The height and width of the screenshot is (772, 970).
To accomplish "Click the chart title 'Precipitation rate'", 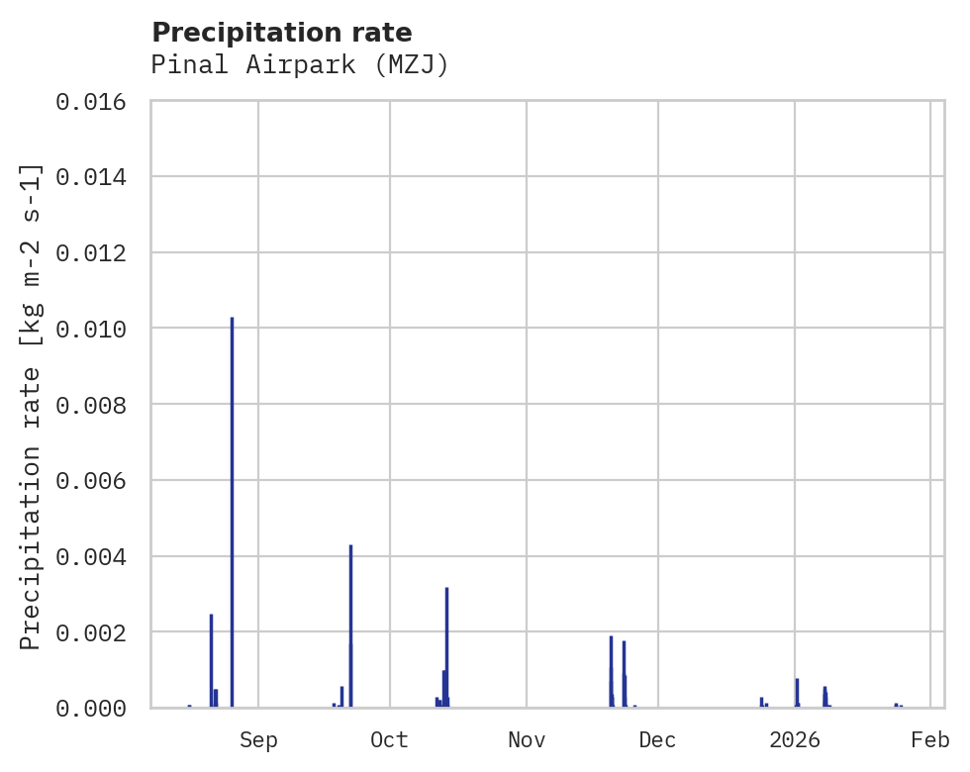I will [x=281, y=33].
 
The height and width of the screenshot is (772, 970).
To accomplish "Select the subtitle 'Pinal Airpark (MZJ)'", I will [x=300, y=65].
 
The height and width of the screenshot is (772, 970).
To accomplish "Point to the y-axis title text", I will [x=32, y=406].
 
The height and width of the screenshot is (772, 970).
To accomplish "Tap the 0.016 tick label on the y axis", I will [x=97, y=102].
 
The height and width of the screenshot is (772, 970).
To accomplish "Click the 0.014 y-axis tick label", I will [x=97, y=177].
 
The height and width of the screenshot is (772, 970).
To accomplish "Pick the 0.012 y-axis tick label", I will [x=97, y=253].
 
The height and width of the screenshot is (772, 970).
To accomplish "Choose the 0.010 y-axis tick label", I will [x=97, y=329].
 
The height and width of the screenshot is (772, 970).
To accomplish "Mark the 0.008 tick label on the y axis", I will [x=97, y=405].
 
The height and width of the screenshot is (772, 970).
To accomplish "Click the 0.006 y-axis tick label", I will [x=97, y=481].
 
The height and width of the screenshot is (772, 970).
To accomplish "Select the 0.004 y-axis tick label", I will [x=97, y=557].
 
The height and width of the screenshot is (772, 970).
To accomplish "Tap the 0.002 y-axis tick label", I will [x=97, y=632].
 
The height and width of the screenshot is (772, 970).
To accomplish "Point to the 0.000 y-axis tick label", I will [x=97, y=709].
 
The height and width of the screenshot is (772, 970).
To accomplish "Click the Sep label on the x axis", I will [x=258, y=740].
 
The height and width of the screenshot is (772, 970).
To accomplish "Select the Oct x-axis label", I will [x=390, y=740].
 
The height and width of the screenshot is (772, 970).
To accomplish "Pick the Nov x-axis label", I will [x=527, y=740].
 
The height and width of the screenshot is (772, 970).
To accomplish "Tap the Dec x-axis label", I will [x=658, y=740].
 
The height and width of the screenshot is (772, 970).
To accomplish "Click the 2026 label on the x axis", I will [x=795, y=740].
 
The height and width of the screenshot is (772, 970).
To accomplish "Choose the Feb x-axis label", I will [x=930, y=740].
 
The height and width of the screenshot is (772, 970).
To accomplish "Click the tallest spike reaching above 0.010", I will [x=232, y=495].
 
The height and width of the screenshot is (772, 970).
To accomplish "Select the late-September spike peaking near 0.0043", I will [x=350, y=614].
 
